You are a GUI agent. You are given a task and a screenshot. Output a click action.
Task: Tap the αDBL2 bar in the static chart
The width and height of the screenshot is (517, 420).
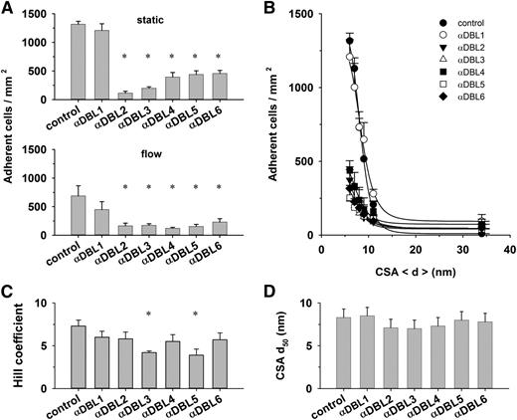(x=125, y=97)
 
